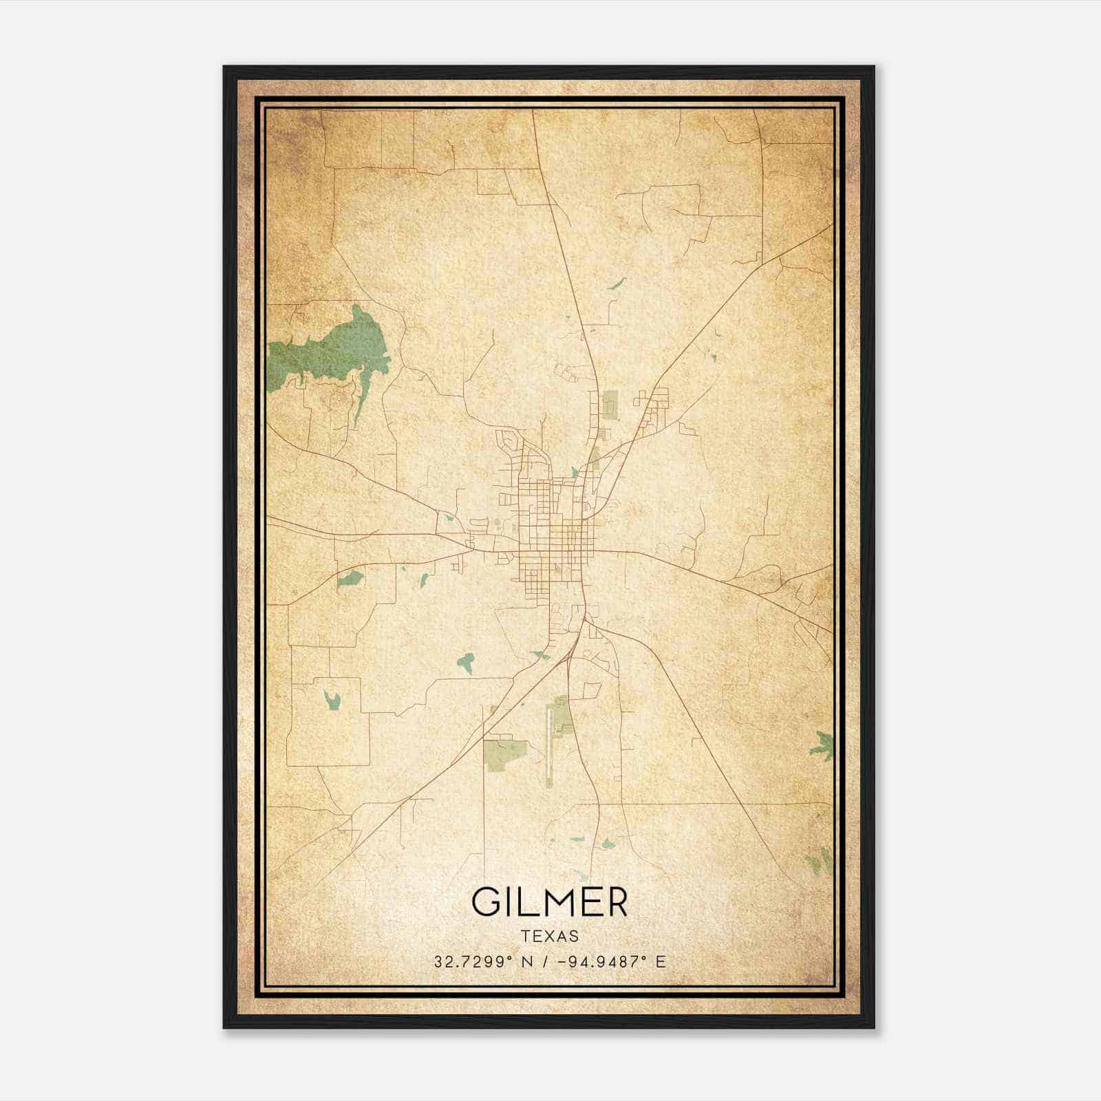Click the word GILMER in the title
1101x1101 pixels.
pos(549,902)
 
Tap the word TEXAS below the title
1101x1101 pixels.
pos(550,936)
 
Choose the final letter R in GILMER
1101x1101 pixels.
pos(614,902)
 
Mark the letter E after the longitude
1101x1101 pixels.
pos(661,961)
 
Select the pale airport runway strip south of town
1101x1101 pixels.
pos(550,743)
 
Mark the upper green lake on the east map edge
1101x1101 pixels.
pos(822,745)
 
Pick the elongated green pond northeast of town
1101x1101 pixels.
pos(617,284)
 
